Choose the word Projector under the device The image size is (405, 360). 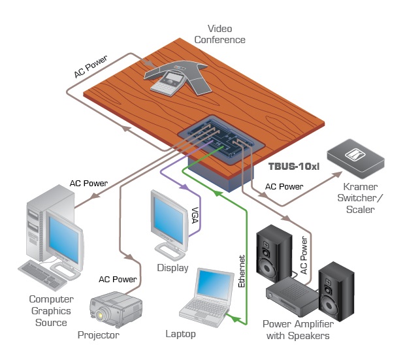98,335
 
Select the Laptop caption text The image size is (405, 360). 180,335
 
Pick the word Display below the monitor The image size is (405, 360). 172,268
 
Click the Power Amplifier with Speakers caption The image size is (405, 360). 297,330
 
